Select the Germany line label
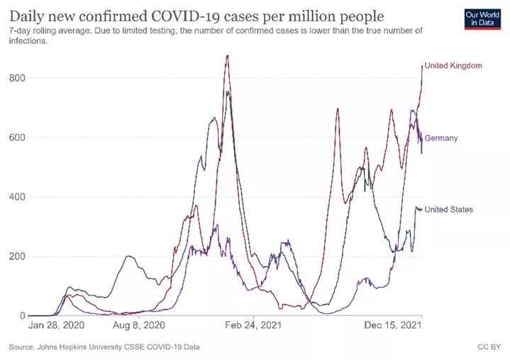pyautogui.click(x=440, y=138)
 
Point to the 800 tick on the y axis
pyautogui.click(x=17, y=78)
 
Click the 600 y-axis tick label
pyautogui.click(x=17, y=137)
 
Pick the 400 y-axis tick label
pyautogui.click(x=17, y=197)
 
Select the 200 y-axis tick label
pyautogui.click(x=17, y=257)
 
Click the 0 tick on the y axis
pyautogui.click(x=23, y=316)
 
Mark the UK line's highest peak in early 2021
pyautogui.click(x=227, y=56)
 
